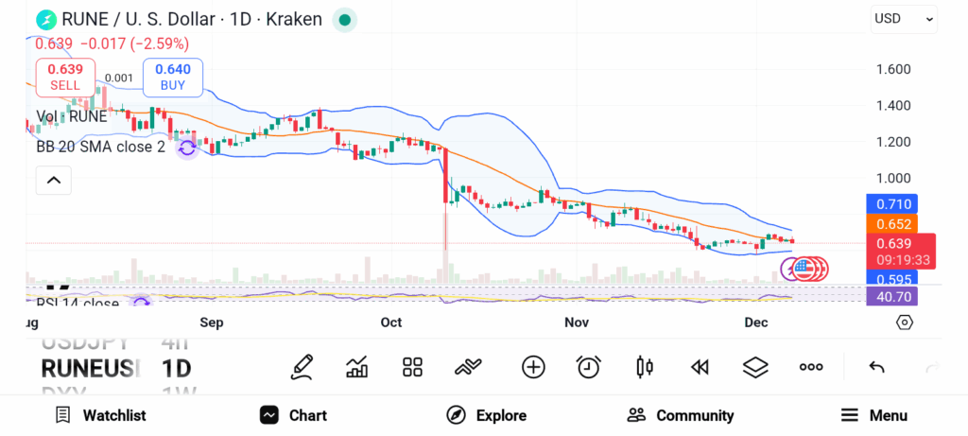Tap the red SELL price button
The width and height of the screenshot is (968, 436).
pyautogui.click(x=65, y=77)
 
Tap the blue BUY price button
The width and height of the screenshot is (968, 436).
pyautogui.click(x=172, y=77)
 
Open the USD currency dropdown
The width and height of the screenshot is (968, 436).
pyautogui.click(x=904, y=18)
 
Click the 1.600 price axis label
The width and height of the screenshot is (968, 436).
pyautogui.click(x=893, y=69)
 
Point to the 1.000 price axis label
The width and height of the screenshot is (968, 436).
pyautogui.click(x=893, y=178)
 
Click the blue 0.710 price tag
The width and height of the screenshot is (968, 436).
pyautogui.click(x=892, y=203)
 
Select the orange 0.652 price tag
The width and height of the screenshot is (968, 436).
pyautogui.click(x=892, y=224)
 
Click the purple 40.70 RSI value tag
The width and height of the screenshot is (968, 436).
pyautogui.click(x=892, y=296)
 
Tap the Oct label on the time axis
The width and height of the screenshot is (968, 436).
pyautogui.click(x=391, y=323)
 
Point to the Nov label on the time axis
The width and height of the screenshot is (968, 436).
pyautogui.click(x=577, y=323)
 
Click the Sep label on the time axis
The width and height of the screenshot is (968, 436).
pyautogui.click(x=211, y=323)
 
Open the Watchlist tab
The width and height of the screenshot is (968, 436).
pyautogui.click(x=100, y=415)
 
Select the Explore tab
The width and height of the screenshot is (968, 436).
pyautogui.click(x=486, y=415)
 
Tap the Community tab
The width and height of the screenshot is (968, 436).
pyautogui.click(x=681, y=415)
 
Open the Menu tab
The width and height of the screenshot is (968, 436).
pyautogui.click(x=874, y=415)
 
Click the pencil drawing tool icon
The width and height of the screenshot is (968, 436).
pyautogui.click(x=302, y=367)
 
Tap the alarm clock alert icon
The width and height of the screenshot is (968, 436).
pyautogui.click(x=589, y=367)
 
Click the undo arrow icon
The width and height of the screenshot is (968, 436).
pyautogui.click(x=876, y=367)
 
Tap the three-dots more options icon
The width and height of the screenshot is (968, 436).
pyautogui.click(x=811, y=367)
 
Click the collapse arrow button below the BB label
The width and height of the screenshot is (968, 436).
pyautogui.click(x=54, y=180)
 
